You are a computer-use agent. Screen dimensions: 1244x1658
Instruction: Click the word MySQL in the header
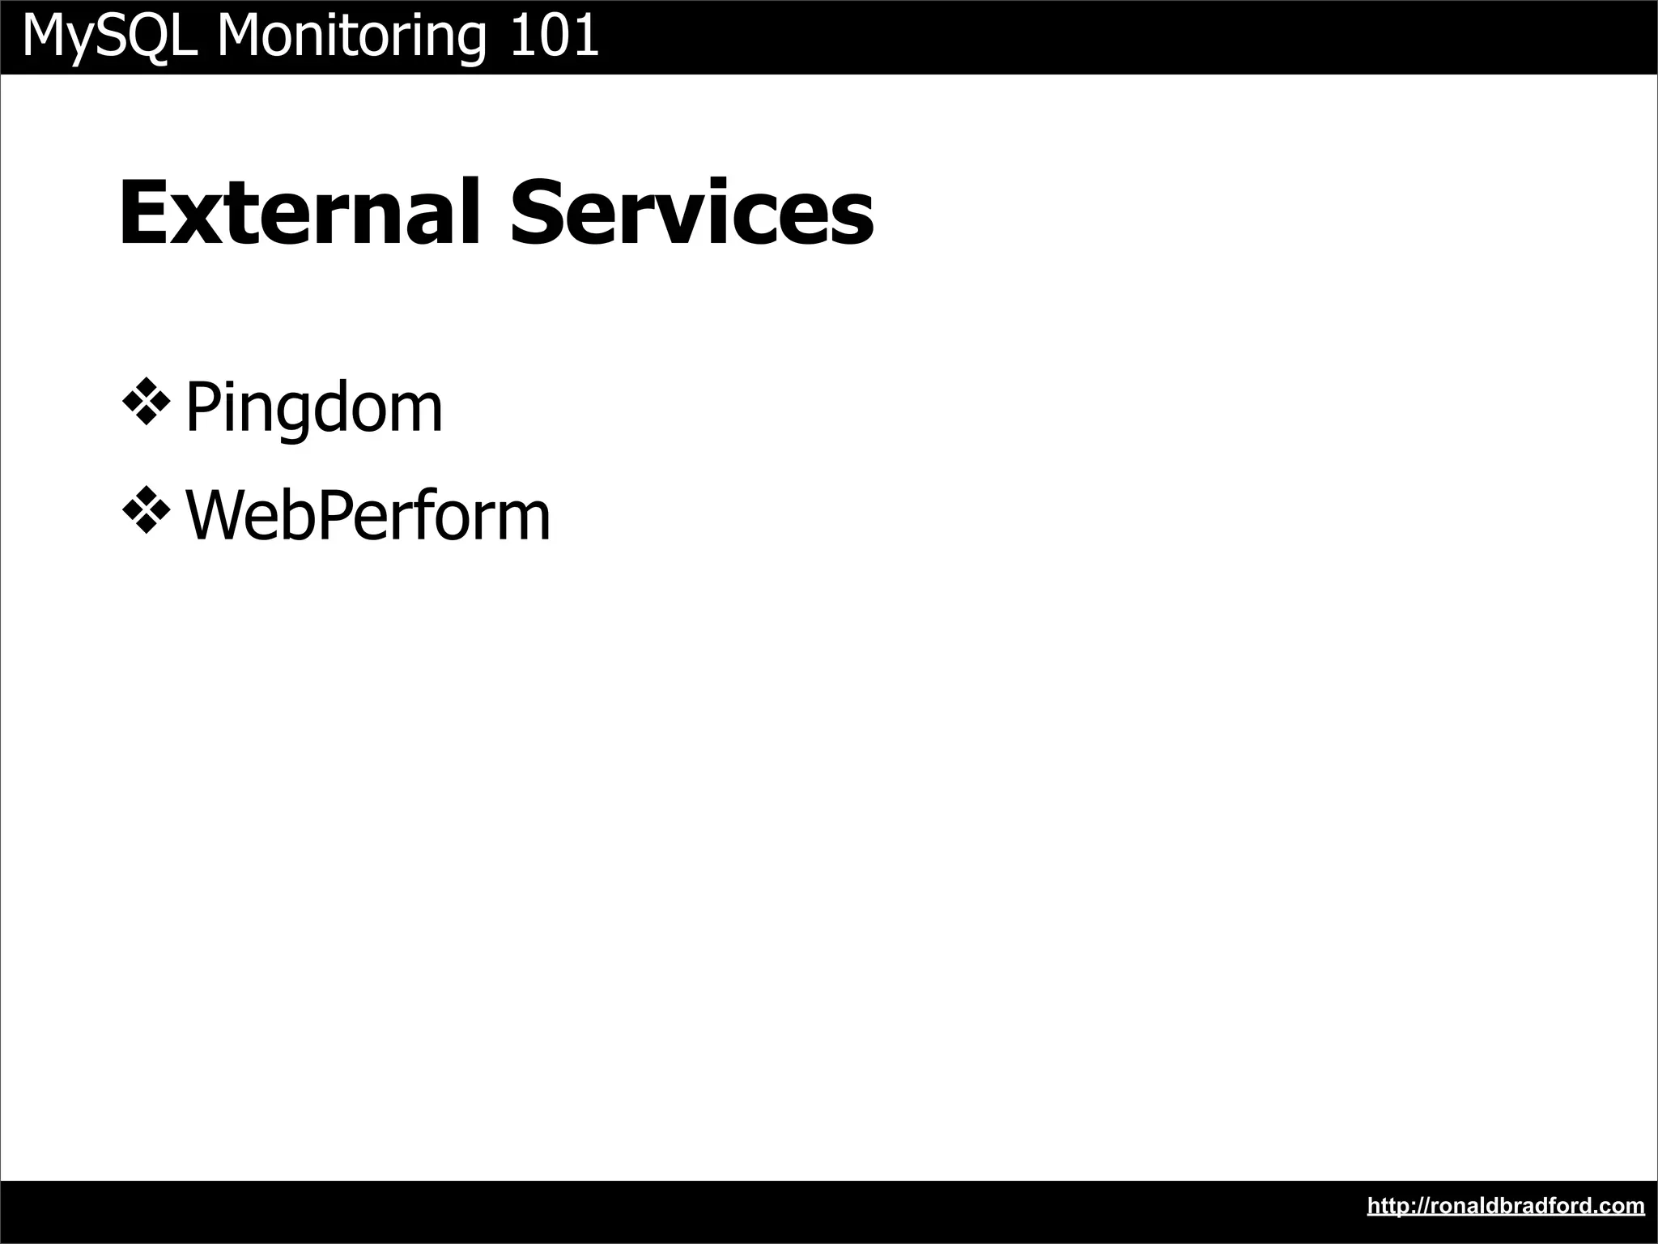pyautogui.click(x=110, y=36)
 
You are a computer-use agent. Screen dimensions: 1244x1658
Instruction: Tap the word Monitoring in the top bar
pyautogui.click(x=353, y=36)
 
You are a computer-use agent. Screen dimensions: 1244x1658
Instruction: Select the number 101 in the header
pyautogui.click(x=555, y=36)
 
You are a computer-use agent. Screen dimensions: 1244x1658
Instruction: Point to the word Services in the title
pyautogui.click(x=692, y=212)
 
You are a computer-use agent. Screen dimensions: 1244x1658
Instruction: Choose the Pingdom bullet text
pyautogui.click(x=314, y=407)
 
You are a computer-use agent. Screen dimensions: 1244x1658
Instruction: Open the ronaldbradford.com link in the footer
pyautogui.click(x=1506, y=1206)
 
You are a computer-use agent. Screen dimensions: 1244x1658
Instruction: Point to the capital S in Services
pyautogui.click(x=536, y=212)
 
